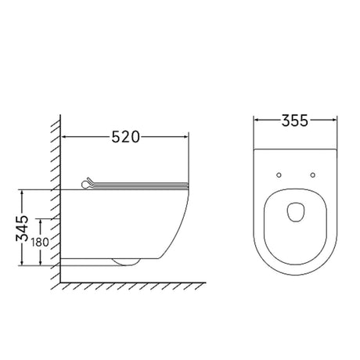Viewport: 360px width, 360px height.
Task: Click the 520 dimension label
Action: (x=126, y=137)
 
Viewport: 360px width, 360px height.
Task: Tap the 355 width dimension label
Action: (x=295, y=121)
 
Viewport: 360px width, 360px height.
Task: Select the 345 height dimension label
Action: (x=22, y=228)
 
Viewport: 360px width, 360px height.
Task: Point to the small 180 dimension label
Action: (x=40, y=243)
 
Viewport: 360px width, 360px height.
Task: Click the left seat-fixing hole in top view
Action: (x=279, y=175)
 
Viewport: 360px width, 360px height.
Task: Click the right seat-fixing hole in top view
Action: (x=313, y=175)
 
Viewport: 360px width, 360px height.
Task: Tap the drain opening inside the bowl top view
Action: (x=296, y=212)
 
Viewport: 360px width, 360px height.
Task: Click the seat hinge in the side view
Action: (x=87, y=183)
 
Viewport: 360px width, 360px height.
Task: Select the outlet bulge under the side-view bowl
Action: (x=126, y=262)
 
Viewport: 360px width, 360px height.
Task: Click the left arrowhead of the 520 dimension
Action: (x=64, y=136)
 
